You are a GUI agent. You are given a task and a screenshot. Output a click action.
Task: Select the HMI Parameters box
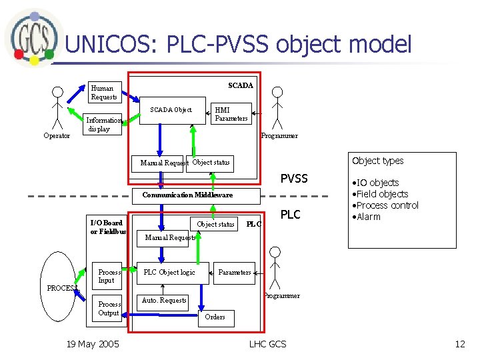231,114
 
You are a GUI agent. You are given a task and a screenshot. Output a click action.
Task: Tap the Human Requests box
104,93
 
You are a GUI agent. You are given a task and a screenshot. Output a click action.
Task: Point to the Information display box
105,125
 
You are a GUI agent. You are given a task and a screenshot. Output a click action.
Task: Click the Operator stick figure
57,110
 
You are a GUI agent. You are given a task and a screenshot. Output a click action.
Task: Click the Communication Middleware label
187,195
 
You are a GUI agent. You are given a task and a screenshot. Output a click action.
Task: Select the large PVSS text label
294,179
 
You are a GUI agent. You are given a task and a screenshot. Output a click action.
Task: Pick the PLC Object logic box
170,272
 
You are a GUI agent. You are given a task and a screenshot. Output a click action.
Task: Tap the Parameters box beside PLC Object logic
235,272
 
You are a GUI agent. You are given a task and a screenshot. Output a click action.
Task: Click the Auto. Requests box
164,301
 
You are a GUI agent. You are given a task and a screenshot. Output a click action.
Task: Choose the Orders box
215,317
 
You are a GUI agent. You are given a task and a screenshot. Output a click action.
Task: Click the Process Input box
108,276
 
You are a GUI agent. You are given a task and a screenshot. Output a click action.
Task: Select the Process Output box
108,309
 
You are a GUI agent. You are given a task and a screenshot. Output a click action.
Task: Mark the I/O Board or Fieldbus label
108,227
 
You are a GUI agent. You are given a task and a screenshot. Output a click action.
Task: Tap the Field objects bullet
379,194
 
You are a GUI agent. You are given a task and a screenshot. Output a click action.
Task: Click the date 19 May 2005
93,344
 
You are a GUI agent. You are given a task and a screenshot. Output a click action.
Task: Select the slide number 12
459,344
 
